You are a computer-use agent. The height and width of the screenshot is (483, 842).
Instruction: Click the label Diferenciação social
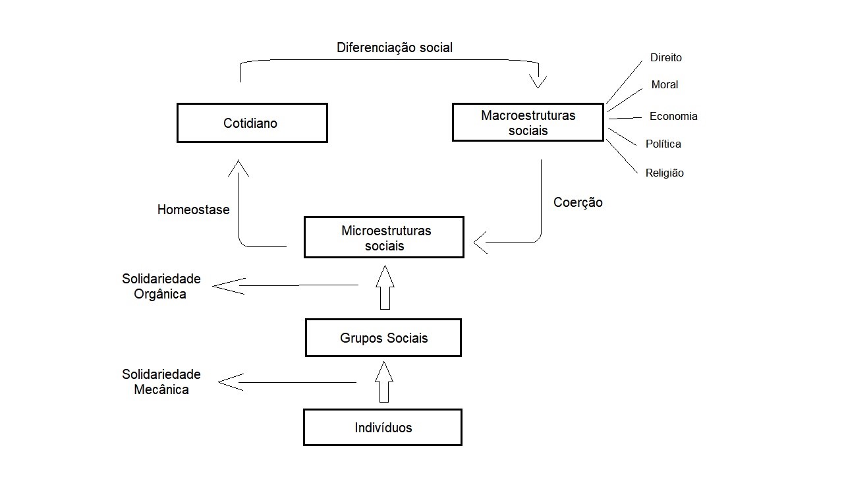pos(394,47)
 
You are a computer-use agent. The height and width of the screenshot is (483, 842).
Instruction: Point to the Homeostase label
pos(193,210)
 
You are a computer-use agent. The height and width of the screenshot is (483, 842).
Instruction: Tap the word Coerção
pos(578,202)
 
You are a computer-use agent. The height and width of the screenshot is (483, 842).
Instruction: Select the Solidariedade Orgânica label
pos(161,287)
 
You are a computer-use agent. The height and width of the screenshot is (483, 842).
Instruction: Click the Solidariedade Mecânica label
pos(161,382)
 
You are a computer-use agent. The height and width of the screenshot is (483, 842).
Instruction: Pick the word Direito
pos(665,57)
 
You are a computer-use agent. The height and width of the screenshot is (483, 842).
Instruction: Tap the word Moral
pos(665,84)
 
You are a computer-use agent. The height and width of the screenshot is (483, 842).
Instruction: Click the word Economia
pos(673,116)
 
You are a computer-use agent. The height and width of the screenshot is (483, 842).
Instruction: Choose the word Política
pos(663,144)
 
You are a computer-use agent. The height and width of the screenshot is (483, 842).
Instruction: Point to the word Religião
pos(665,173)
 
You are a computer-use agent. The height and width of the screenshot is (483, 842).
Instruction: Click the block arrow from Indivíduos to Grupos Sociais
pos(384,382)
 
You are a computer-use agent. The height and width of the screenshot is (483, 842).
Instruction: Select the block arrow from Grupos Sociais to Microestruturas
pos(385,287)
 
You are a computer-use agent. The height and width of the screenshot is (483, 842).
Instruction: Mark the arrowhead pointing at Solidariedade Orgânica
pos(229,286)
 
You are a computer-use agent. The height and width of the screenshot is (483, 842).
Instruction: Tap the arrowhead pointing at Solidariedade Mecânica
pos(231,382)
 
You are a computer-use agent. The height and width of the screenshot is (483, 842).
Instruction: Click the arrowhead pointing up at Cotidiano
pos(239,168)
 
